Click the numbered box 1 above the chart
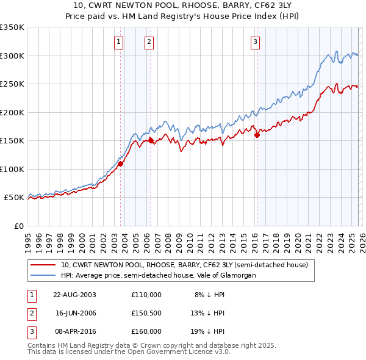118,42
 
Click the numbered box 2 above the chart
149,42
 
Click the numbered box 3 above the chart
254,42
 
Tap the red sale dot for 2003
120,164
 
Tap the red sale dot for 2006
151,140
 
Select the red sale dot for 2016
257,135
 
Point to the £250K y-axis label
12,84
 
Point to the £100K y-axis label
12,169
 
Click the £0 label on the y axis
18,226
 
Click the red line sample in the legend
43,265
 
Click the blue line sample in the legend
43,275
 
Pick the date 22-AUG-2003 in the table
74,294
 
